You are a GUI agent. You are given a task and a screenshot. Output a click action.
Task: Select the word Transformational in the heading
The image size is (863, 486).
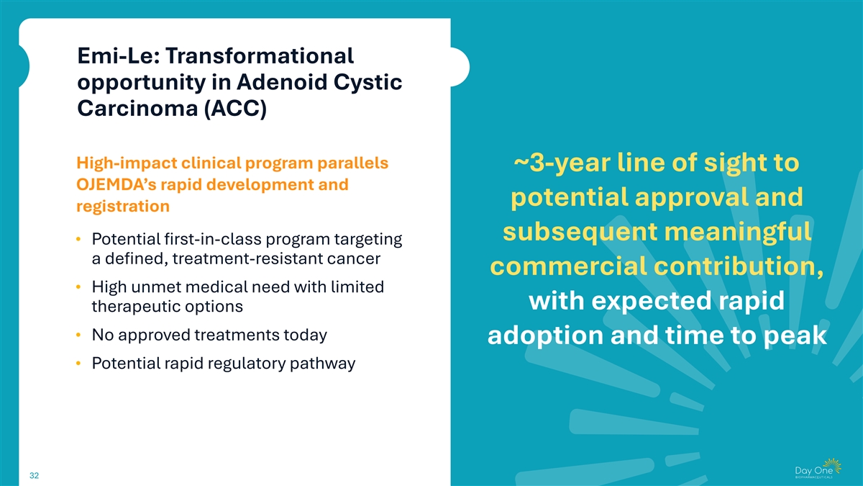pos(260,56)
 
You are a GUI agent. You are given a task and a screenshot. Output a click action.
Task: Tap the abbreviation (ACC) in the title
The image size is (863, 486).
pos(235,109)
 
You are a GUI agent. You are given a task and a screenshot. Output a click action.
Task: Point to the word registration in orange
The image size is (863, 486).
pos(123,207)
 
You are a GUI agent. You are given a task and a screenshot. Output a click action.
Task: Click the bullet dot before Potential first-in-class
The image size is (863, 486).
pos(78,240)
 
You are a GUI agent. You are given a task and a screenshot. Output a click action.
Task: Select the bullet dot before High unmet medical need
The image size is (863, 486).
pos(78,287)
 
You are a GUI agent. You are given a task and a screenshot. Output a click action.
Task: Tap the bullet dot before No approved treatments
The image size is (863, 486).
pos(78,336)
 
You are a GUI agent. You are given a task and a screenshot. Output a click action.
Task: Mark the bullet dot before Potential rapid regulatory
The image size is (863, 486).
pos(78,364)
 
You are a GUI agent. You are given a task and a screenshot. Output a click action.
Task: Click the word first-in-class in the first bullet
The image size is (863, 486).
pos(213,239)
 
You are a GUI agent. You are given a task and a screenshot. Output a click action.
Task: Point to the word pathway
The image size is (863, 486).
pos(322,364)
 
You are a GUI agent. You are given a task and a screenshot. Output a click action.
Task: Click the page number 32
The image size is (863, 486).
pos(35,476)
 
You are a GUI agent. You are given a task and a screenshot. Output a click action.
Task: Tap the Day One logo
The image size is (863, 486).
pos(818,468)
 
